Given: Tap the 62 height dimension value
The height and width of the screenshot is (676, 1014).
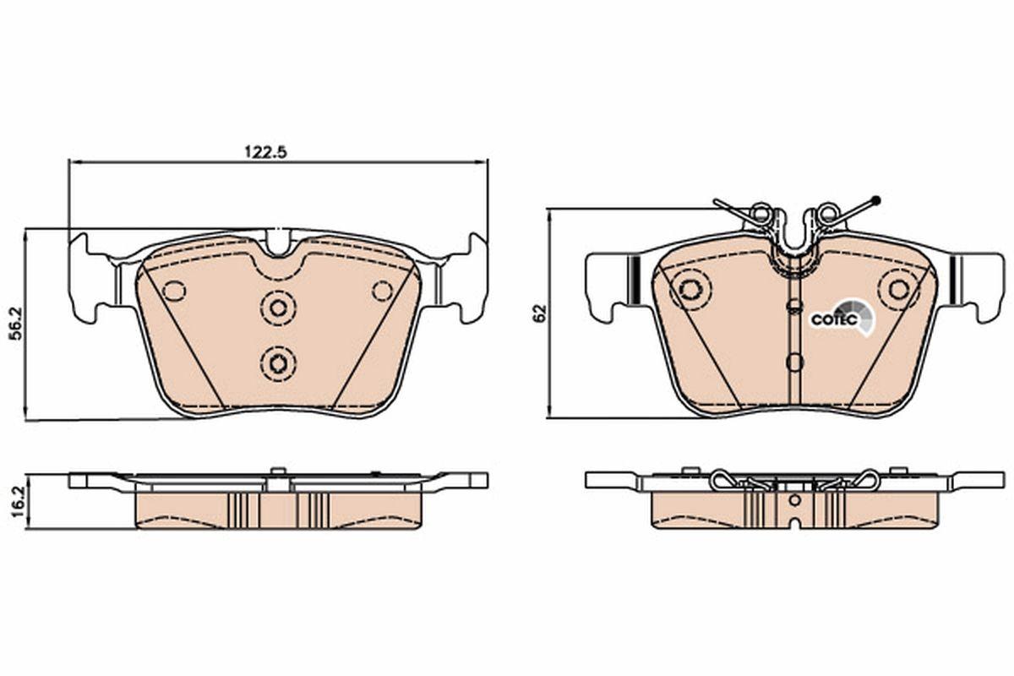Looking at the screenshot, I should [x=537, y=313].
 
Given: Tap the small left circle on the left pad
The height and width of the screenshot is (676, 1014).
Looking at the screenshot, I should [x=174, y=291].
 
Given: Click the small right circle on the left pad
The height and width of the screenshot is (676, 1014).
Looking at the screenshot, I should [x=383, y=291].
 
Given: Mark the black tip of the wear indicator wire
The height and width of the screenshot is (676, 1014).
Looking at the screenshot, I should [x=875, y=200].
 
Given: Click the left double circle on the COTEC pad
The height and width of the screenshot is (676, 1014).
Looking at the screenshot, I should [x=691, y=288].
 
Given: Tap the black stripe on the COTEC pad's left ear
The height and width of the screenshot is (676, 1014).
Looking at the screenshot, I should [x=630, y=280].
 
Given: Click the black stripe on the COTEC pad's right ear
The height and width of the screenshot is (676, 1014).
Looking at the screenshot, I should [x=951, y=280].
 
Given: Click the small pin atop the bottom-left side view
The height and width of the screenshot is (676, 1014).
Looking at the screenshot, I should [x=275, y=472].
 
